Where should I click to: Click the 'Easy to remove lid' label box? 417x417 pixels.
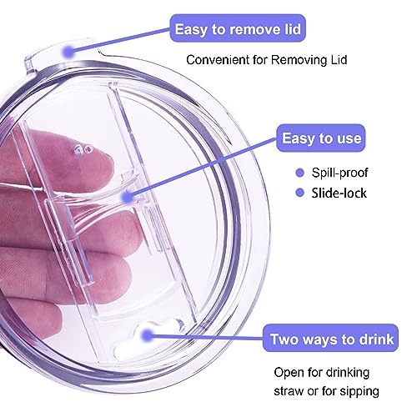(x=238, y=28)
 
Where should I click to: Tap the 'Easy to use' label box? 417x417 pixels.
(x=321, y=138)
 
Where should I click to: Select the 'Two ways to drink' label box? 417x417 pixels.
(x=330, y=338)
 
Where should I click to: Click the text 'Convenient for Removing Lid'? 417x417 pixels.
(x=267, y=60)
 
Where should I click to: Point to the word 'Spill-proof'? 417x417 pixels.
(x=339, y=173)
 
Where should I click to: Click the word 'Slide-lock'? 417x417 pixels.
(x=339, y=193)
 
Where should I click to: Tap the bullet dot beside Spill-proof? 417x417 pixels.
(x=300, y=173)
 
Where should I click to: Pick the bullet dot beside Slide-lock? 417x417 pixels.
(x=300, y=193)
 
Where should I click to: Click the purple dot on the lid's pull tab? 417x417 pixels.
(x=68, y=52)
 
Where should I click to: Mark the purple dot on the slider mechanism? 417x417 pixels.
(x=128, y=197)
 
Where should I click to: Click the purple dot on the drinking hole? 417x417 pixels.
(x=147, y=335)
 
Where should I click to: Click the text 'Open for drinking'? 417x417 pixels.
(x=322, y=373)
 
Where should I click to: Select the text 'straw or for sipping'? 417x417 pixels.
(x=326, y=391)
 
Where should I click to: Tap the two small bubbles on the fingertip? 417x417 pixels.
(x=83, y=150)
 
